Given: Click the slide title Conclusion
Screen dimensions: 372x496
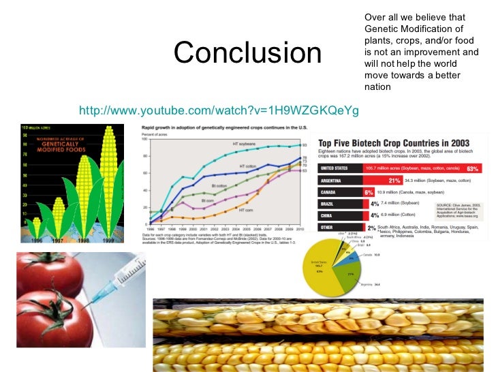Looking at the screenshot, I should (248, 54).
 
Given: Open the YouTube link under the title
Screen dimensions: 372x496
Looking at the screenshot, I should (219, 110).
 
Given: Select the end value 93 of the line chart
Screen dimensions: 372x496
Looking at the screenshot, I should (305, 145).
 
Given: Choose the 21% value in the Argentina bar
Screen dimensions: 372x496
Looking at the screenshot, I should (393, 180).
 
